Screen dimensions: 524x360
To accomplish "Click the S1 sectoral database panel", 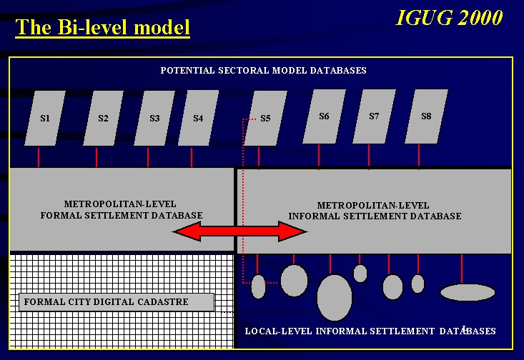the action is tap(45, 119).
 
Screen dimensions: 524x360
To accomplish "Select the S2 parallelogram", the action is tap(103, 119).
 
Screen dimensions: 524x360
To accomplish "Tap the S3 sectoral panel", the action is tap(154, 119).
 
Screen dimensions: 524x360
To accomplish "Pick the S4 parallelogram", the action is tap(198, 119).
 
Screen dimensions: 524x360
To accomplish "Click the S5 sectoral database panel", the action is tap(266, 119).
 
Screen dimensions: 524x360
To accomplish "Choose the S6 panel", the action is tap(324, 116).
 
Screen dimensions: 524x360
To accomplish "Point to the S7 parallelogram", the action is tap(375, 116).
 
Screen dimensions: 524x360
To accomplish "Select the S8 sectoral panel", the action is tap(426, 116).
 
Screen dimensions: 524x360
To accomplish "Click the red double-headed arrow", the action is tap(239, 231).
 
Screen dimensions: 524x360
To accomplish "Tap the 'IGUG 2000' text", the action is tap(449, 17).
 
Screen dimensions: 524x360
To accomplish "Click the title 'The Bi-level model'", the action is tap(103, 27).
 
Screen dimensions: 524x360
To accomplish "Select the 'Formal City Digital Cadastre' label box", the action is tap(117, 302).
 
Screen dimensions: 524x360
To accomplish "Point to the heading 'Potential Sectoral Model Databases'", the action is tap(263, 71).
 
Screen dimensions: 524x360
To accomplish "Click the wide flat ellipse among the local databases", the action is tap(468, 293).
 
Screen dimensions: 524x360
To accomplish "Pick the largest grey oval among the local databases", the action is tap(335, 298).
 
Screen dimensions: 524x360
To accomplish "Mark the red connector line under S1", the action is tap(39, 157).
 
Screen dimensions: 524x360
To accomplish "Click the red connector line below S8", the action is tap(419, 156).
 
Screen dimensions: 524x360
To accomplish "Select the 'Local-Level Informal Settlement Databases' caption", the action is tap(370, 331).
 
